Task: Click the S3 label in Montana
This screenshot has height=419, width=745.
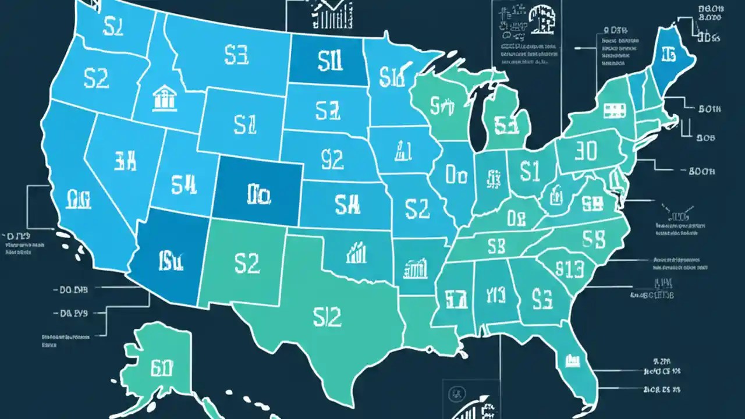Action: coord(236,56)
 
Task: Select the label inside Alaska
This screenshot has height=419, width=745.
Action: coord(162,368)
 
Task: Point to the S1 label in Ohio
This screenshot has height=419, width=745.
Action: coord(530,171)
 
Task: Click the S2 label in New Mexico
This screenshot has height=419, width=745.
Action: coord(247,263)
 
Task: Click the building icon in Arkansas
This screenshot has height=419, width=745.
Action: coord(414,269)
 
